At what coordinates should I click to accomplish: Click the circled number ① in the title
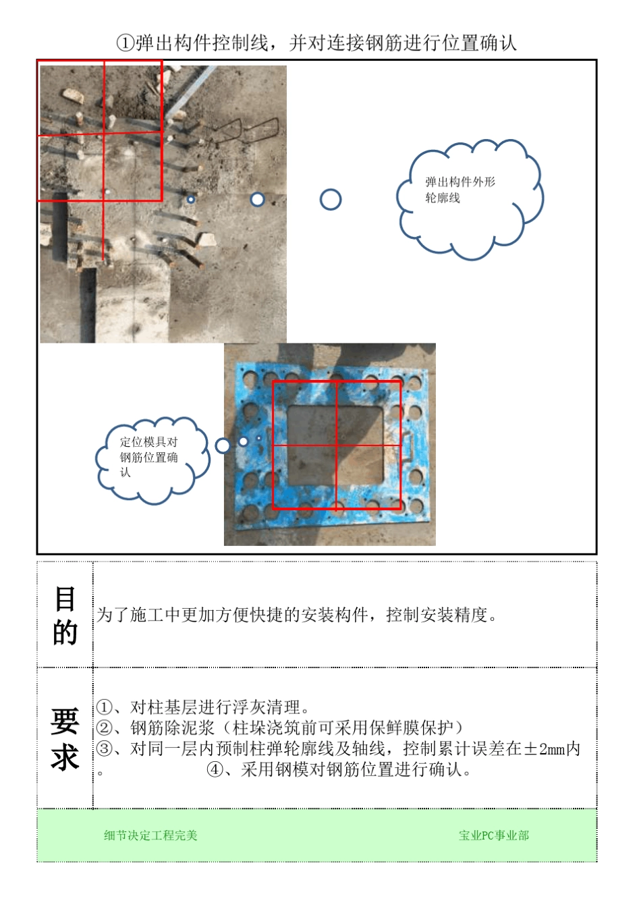coord(126,44)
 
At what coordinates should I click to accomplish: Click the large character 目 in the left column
coord(65,599)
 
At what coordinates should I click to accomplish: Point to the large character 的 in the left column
coord(65,633)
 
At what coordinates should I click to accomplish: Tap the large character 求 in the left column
coord(65,758)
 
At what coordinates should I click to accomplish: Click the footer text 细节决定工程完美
coord(150,835)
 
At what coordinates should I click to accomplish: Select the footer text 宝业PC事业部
coord(494,835)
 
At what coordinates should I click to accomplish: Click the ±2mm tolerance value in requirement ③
coord(545,748)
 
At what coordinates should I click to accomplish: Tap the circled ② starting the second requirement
coord(104,728)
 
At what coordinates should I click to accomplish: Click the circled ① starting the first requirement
coord(104,707)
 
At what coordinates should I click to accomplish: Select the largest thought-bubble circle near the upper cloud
coord(331,200)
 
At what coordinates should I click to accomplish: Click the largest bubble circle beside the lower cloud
coord(223,445)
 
